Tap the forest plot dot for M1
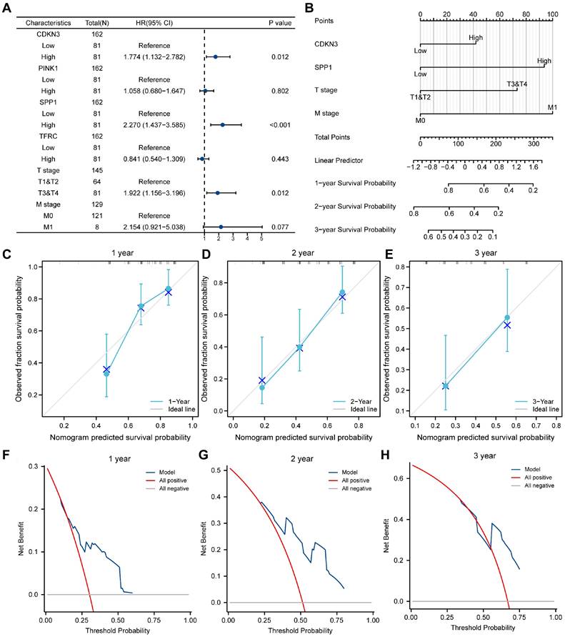point(221,227)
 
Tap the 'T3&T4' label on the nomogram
point(517,84)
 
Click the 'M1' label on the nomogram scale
point(551,107)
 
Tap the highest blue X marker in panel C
point(169,292)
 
